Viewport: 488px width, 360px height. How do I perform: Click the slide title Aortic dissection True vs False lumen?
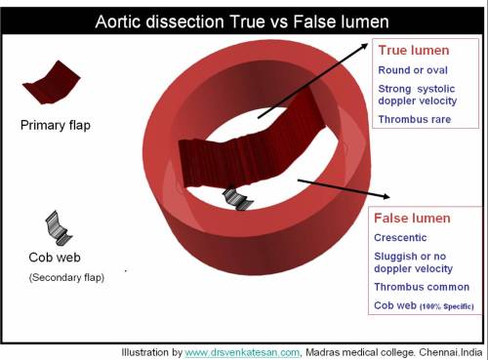[243, 20]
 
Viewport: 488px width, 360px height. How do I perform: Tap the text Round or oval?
[411, 71]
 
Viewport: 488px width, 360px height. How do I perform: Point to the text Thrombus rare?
[415, 121]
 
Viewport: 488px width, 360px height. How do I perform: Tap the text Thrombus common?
[421, 286]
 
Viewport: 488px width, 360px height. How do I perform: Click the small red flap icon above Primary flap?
[50, 84]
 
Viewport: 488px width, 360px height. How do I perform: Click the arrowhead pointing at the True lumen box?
[369, 47]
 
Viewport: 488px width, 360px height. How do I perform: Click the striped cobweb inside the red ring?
[236, 198]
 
